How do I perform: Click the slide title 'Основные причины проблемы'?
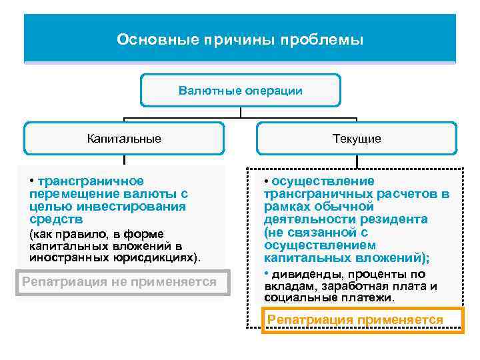[240, 40]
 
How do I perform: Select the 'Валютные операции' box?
[240, 90]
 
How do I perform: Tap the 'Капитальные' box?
[124, 139]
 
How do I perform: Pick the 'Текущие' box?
[357, 139]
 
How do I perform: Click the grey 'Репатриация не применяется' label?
[120, 282]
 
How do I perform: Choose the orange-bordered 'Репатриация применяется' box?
[355, 320]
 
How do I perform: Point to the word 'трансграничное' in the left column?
[91, 181]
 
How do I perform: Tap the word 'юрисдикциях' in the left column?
[160, 257]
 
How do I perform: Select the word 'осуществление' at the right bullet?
[323, 181]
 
